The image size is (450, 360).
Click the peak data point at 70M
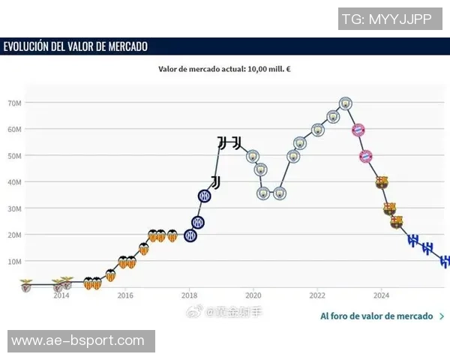[x=345, y=103]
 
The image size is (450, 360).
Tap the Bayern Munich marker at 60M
[x=358, y=130]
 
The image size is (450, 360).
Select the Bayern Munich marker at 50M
[x=365, y=156]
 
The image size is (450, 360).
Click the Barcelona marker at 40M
[x=382, y=182]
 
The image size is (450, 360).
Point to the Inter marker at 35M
[x=204, y=196]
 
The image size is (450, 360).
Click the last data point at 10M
[x=444, y=261]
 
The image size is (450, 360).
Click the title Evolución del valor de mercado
[x=76, y=46]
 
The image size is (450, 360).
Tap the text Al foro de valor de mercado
[x=376, y=316]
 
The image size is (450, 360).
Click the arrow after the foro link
[x=442, y=316]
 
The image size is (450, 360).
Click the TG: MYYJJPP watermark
[x=385, y=19]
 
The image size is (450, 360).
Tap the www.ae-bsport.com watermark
[x=78, y=341]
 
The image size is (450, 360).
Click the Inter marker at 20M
[x=190, y=235]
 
